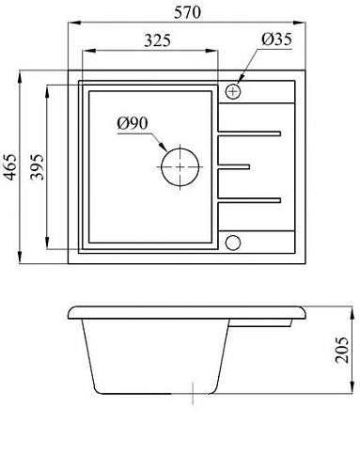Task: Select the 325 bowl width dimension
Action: click(x=151, y=41)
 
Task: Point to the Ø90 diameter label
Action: click(x=133, y=123)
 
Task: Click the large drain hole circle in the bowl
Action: click(x=180, y=168)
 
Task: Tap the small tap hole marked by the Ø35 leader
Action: click(x=233, y=91)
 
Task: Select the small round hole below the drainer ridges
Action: click(x=233, y=243)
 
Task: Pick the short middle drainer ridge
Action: click(x=235, y=167)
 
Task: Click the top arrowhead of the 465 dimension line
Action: click(x=22, y=72)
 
